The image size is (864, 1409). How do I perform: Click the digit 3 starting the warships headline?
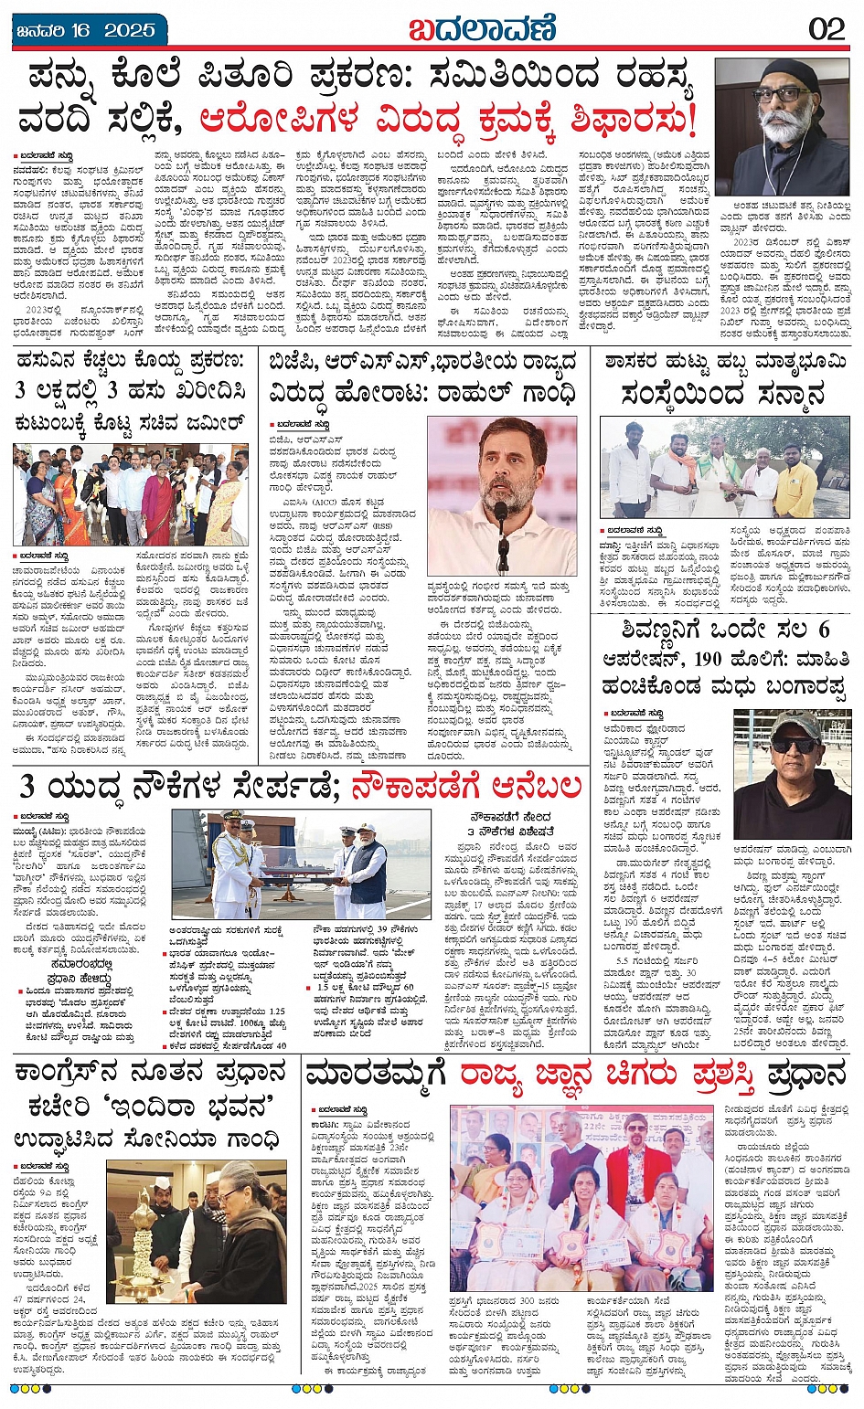[27, 786]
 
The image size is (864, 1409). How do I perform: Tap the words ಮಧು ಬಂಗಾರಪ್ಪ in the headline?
[776, 685]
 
